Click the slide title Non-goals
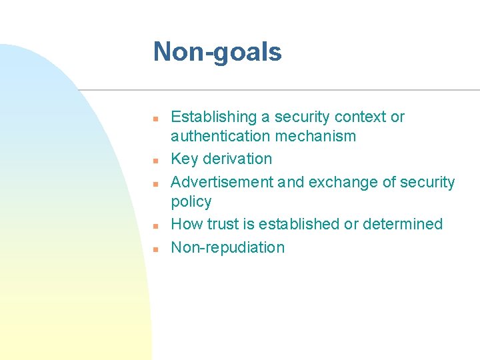click(x=217, y=52)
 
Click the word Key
click(x=184, y=159)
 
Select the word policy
click(x=191, y=201)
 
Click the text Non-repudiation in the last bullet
click(x=228, y=247)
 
